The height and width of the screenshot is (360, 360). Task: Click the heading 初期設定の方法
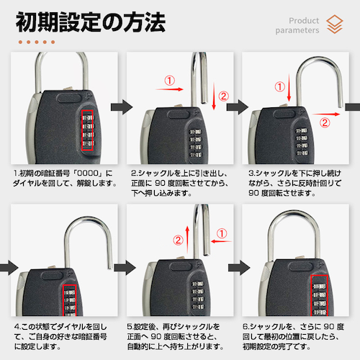pyautogui.click(x=91, y=22)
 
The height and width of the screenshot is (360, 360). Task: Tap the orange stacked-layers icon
pyautogui.click(x=335, y=24)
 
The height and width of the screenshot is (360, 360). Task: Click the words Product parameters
pyautogui.click(x=297, y=25)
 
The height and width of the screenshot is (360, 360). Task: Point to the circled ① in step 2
pyautogui.click(x=169, y=81)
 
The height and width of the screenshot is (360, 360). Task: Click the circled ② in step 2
pyautogui.click(x=223, y=96)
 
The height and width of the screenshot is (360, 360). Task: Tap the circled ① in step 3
pyautogui.click(x=280, y=86)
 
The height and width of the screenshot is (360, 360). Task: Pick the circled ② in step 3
pyautogui.click(x=325, y=122)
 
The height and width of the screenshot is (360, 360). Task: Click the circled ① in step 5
pyautogui.click(x=222, y=233)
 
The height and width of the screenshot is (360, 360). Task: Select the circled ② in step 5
pyautogui.click(x=178, y=240)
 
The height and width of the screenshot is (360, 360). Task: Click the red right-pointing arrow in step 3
pyautogui.click(x=326, y=114)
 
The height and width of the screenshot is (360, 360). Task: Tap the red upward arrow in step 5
pyautogui.click(x=187, y=240)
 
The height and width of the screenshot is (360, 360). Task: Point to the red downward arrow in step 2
pyautogui.click(x=214, y=96)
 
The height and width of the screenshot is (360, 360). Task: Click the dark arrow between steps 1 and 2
pyautogui.click(x=122, y=107)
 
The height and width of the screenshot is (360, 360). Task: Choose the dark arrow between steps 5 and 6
pyautogui.click(x=239, y=267)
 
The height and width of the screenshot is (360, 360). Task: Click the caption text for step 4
pyautogui.click(x=60, y=336)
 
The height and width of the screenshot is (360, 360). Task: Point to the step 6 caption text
pyautogui.click(x=293, y=336)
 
